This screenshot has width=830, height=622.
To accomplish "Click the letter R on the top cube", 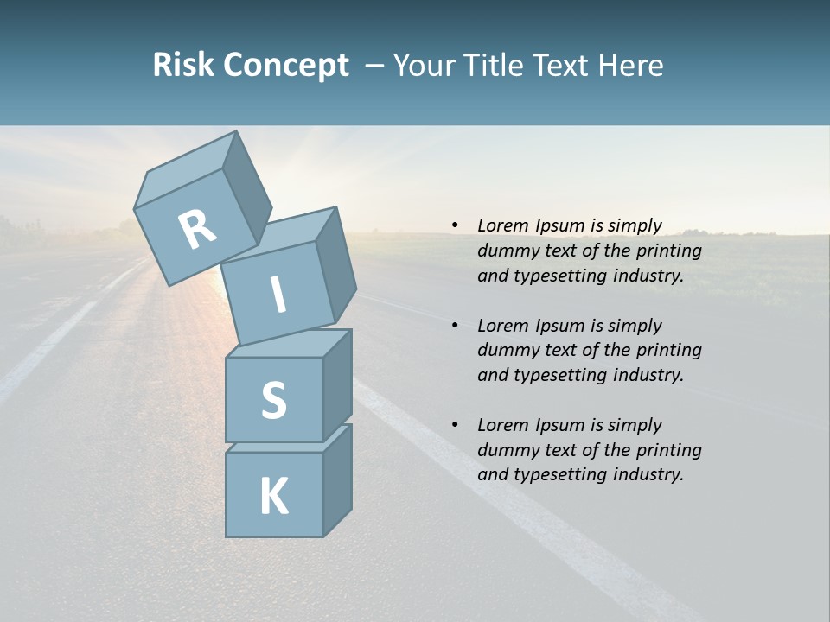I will [x=197, y=230].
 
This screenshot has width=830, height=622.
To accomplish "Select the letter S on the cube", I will [x=273, y=401].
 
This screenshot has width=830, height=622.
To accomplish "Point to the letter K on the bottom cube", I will [x=273, y=497].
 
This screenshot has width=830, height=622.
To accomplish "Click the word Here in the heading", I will [x=630, y=65].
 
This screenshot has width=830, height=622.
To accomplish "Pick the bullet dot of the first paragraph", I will [x=455, y=226].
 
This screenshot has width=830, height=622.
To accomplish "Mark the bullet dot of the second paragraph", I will [x=455, y=326].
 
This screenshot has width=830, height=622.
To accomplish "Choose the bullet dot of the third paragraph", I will [x=455, y=425].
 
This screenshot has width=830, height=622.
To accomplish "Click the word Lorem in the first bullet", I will [x=503, y=225].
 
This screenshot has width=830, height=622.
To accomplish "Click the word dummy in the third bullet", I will [x=508, y=450].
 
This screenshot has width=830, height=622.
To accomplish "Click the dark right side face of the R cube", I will [x=246, y=190].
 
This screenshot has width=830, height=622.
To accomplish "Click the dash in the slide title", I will [x=375, y=66].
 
